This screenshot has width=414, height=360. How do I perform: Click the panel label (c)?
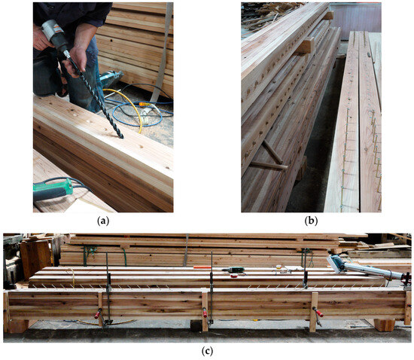click(206, 352)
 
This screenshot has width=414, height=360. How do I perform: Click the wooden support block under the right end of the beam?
click(384, 325)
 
